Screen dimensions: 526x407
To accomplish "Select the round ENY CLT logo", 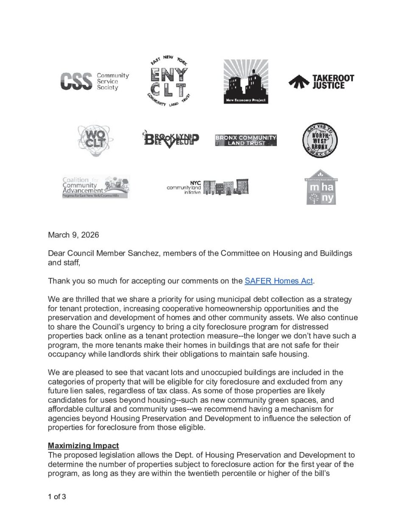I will point(169,82).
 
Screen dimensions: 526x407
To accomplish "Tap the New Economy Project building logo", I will point(246,82).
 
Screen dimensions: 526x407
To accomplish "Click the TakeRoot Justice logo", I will point(321,81).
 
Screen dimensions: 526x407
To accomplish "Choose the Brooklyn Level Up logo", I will point(171,139).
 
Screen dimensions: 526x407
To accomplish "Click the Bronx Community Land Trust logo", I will point(246,140).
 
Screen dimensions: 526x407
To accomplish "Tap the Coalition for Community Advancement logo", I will point(96,187).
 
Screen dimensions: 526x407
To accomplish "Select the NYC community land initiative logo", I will point(208,187).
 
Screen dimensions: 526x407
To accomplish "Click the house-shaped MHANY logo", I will point(321,187).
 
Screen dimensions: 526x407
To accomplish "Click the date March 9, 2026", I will point(73,235).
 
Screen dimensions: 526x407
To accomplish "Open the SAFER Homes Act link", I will point(279,281).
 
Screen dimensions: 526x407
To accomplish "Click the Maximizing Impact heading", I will point(83,446).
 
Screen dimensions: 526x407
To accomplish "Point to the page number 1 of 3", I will point(57,496).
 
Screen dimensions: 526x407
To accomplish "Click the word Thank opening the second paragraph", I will point(58,281).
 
